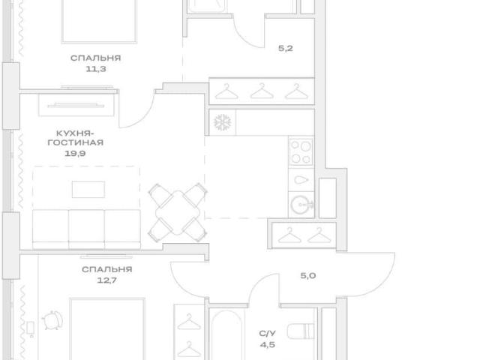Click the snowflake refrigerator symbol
(x=222, y=122)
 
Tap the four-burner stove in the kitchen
(x=301, y=151)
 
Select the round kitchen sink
(x=301, y=205)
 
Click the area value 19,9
(x=75, y=153)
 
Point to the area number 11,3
(x=96, y=69)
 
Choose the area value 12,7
(x=106, y=280)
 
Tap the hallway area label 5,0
(x=308, y=275)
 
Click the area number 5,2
(x=286, y=48)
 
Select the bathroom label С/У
(x=267, y=333)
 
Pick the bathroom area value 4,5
(x=267, y=345)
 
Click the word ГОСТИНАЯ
(x=76, y=142)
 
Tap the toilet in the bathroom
(x=301, y=331)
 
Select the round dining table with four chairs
(x=178, y=213)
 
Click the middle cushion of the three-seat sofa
(x=86, y=229)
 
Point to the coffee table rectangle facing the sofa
(x=88, y=190)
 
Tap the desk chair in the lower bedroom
(x=52, y=320)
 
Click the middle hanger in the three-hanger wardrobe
(x=262, y=91)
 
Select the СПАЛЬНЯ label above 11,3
(x=96, y=58)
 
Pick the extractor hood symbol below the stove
(x=301, y=180)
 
